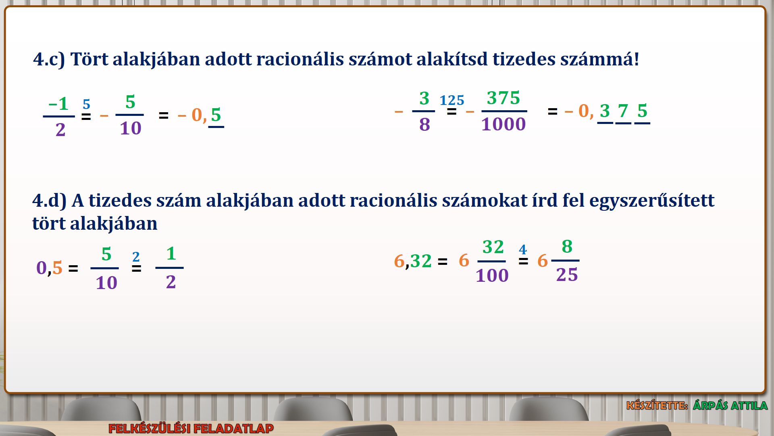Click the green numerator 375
pyautogui.click(x=504, y=98)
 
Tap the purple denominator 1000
pyautogui.click(x=504, y=124)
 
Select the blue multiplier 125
pyautogui.click(x=452, y=100)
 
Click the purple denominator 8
pyautogui.click(x=424, y=124)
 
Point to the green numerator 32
pyautogui.click(x=493, y=247)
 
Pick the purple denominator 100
pyautogui.click(x=492, y=276)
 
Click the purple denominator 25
pyautogui.click(x=567, y=275)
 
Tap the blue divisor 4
pyautogui.click(x=523, y=249)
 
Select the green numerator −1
pyautogui.click(x=58, y=104)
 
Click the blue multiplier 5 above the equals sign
pyautogui.click(x=86, y=105)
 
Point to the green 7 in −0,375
pyautogui.click(x=623, y=111)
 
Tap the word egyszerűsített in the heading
pyautogui.click(x=652, y=201)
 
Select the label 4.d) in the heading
pyautogui.click(x=49, y=201)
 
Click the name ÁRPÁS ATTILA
pyautogui.click(x=730, y=405)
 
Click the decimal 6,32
pyautogui.click(x=413, y=261)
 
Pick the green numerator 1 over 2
pyautogui.click(x=171, y=254)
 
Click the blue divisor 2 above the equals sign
pyautogui.click(x=136, y=257)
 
